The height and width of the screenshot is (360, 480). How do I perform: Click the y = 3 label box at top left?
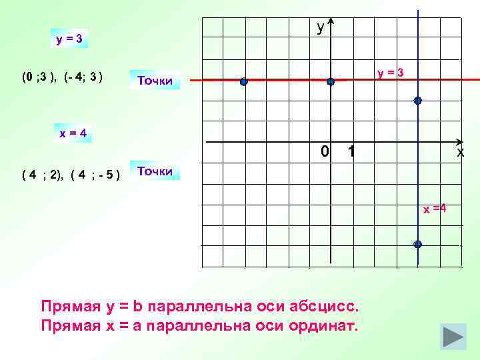click(69, 39)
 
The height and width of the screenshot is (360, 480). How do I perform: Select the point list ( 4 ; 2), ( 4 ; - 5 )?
click(71, 176)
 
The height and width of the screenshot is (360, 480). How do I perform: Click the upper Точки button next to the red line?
click(154, 81)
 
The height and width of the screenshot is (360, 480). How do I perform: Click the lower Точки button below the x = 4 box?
click(154, 171)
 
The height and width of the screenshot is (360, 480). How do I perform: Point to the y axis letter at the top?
click(321, 27)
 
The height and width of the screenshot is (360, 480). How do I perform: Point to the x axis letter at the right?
click(460, 153)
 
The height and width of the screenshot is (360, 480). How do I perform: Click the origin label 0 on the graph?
click(324, 152)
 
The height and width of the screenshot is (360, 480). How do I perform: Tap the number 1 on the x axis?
click(351, 153)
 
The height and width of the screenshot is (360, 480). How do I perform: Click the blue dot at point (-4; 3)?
click(244, 82)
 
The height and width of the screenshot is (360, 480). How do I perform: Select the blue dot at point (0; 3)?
click(331, 82)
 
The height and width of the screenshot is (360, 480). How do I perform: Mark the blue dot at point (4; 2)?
click(417, 101)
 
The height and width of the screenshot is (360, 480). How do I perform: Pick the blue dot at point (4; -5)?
click(417, 244)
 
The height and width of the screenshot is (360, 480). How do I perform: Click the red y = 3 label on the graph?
click(390, 72)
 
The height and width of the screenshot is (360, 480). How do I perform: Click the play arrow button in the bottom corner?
click(453, 335)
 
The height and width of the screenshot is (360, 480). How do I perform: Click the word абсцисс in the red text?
click(325, 307)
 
